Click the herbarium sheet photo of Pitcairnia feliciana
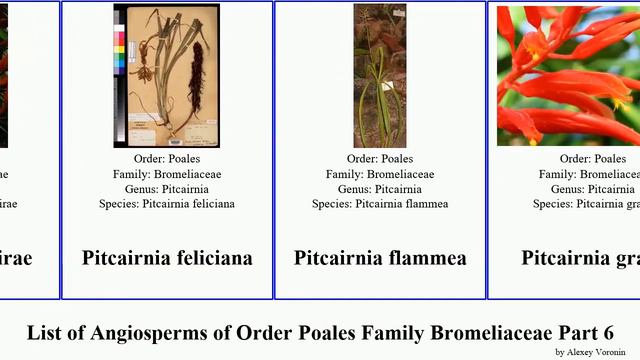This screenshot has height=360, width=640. (166, 75)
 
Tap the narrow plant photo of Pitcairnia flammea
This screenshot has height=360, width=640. (380, 75)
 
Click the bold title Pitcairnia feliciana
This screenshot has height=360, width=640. (167, 258)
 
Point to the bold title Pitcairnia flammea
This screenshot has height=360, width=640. (380, 258)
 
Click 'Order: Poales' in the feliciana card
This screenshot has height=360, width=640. (167, 159)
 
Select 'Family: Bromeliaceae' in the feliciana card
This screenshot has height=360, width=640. (167, 174)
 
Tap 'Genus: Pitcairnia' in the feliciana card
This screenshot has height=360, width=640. (167, 189)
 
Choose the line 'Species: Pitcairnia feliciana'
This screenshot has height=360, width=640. (167, 204)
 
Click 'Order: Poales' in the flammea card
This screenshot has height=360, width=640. (380, 159)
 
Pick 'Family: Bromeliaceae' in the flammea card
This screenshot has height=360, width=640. (380, 174)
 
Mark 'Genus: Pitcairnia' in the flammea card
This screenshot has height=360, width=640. (380, 189)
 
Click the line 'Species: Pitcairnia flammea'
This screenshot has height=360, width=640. (380, 204)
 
